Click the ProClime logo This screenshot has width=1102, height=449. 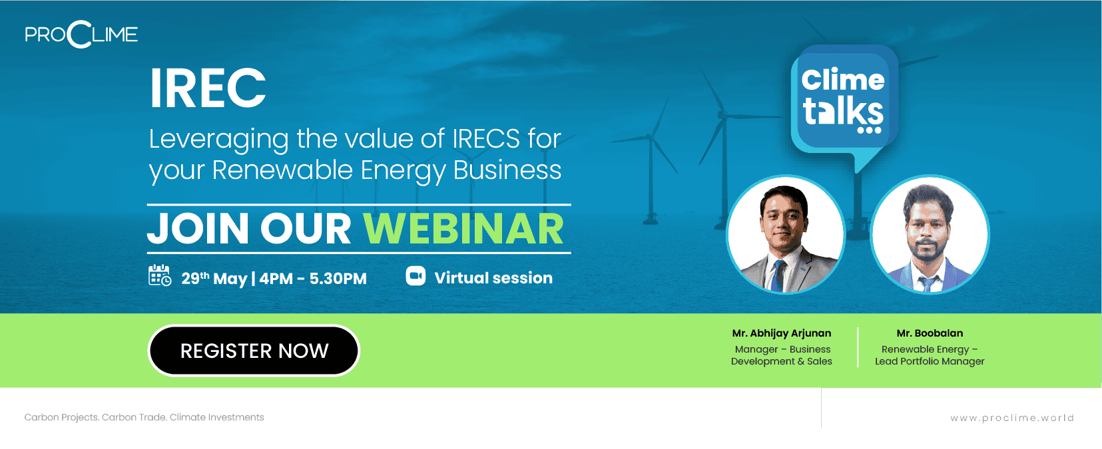pyautogui.click(x=81, y=35)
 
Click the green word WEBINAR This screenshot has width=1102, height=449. pyautogui.click(x=463, y=228)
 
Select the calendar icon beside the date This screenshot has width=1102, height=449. pyautogui.click(x=160, y=275)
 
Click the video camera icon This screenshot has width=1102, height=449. pyautogui.click(x=415, y=275)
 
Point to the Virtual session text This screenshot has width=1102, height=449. pyautogui.click(x=493, y=278)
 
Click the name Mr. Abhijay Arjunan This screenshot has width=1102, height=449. pyautogui.click(x=782, y=333)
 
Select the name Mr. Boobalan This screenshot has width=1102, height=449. pyautogui.click(x=930, y=333)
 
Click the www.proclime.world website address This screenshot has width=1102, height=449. pyautogui.click(x=1012, y=418)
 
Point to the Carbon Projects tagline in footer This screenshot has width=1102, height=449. pyautogui.click(x=144, y=417)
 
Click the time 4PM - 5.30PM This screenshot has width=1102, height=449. pyautogui.click(x=313, y=279)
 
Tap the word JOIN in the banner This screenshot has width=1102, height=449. pyautogui.click(x=198, y=228)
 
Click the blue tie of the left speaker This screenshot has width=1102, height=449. pyautogui.click(x=778, y=276)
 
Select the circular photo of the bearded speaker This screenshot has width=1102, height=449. pyautogui.click(x=930, y=235)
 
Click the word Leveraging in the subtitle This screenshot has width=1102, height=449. pyautogui.click(x=218, y=140)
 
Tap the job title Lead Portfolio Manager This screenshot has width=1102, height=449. pyautogui.click(x=930, y=362)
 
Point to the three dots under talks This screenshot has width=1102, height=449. pyautogui.click(x=869, y=130)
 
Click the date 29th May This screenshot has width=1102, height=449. pyautogui.click(x=214, y=279)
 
